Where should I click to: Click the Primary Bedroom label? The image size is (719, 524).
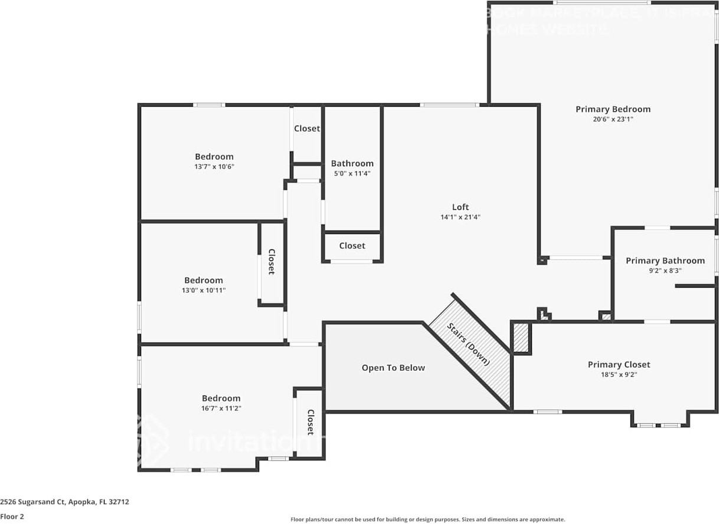613,109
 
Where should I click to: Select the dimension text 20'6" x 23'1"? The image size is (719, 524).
613,119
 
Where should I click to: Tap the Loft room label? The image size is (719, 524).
460,207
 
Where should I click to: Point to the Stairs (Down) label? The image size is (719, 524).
469,344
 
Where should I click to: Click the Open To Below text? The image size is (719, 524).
393,368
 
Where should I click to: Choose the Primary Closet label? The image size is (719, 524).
619,365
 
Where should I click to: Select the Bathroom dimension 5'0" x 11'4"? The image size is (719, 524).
352,173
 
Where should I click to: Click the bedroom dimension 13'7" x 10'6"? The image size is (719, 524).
214,166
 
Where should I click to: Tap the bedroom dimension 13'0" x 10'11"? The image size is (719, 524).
204,290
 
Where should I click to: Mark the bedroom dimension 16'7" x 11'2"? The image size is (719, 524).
221,408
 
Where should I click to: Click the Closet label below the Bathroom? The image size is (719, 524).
352,246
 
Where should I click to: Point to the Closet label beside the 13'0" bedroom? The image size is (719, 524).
272,262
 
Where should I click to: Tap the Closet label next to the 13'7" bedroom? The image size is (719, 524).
307,128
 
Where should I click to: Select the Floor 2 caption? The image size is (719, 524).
12,516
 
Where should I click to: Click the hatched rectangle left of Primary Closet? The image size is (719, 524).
521,338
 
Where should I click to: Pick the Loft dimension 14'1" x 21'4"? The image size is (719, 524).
460,217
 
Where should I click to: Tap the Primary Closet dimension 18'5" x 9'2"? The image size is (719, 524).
619,374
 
